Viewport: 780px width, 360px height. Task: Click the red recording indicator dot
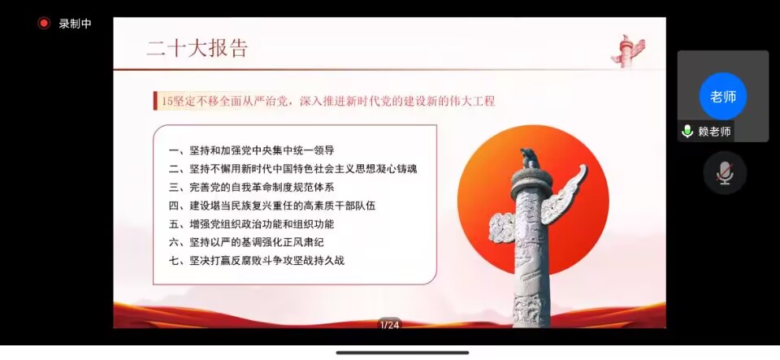[44, 24]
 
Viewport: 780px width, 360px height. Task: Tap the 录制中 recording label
[75, 24]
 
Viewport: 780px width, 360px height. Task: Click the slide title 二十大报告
[197, 49]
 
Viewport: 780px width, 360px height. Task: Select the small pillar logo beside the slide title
[628, 50]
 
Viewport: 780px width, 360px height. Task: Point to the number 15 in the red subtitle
[166, 102]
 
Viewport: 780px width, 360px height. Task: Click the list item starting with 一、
[251, 150]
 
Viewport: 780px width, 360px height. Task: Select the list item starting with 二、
[292, 169]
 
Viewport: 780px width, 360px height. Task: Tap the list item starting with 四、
[272, 206]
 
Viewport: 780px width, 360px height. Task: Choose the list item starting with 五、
[251, 224]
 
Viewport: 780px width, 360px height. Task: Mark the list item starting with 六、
[246, 243]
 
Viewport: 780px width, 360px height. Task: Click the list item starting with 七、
[256, 261]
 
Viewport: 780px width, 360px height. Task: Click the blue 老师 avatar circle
[723, 97]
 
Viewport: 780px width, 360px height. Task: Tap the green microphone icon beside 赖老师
[687, 132]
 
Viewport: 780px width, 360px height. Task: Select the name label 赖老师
[714, 132]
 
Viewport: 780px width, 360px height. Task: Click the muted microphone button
[725, 173]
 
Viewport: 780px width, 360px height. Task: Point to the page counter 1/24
[389, 325]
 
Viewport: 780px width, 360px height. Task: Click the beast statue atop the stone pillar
[529, 158]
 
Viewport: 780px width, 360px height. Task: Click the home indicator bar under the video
[402, 353]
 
